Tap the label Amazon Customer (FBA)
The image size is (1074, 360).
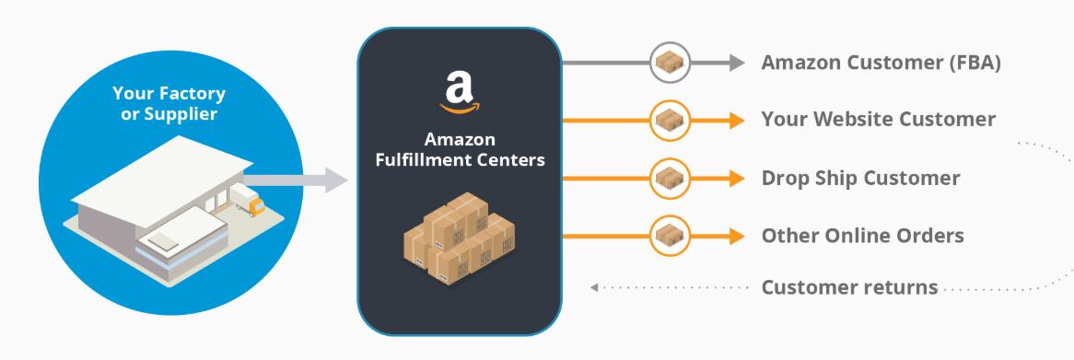click(881, 64)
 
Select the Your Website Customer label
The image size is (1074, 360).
click(878, 120)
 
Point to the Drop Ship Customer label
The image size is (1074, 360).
click(860, 178)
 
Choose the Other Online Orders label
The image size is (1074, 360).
click(862, 236)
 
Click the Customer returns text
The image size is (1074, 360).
click(849, 287)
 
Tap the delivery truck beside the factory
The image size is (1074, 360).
click(244, 198)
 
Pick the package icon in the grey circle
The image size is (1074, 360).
click(671, 63)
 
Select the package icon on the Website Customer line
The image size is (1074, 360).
click(671, 121)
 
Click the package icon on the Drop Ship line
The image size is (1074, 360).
click(671, 179)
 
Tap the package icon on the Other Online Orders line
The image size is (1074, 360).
click(671, 236)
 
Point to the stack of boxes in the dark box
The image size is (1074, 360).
click(459, 237)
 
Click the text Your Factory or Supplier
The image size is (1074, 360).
click(169, 104)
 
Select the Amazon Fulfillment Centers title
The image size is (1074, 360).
click(460, 150)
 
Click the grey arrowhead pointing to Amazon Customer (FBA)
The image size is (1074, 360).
click(736, 63)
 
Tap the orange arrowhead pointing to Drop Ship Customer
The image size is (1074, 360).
click(736, 179)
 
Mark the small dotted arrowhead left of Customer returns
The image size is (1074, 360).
click(595, 288)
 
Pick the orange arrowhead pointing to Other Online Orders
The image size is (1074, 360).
click(736, 236)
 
